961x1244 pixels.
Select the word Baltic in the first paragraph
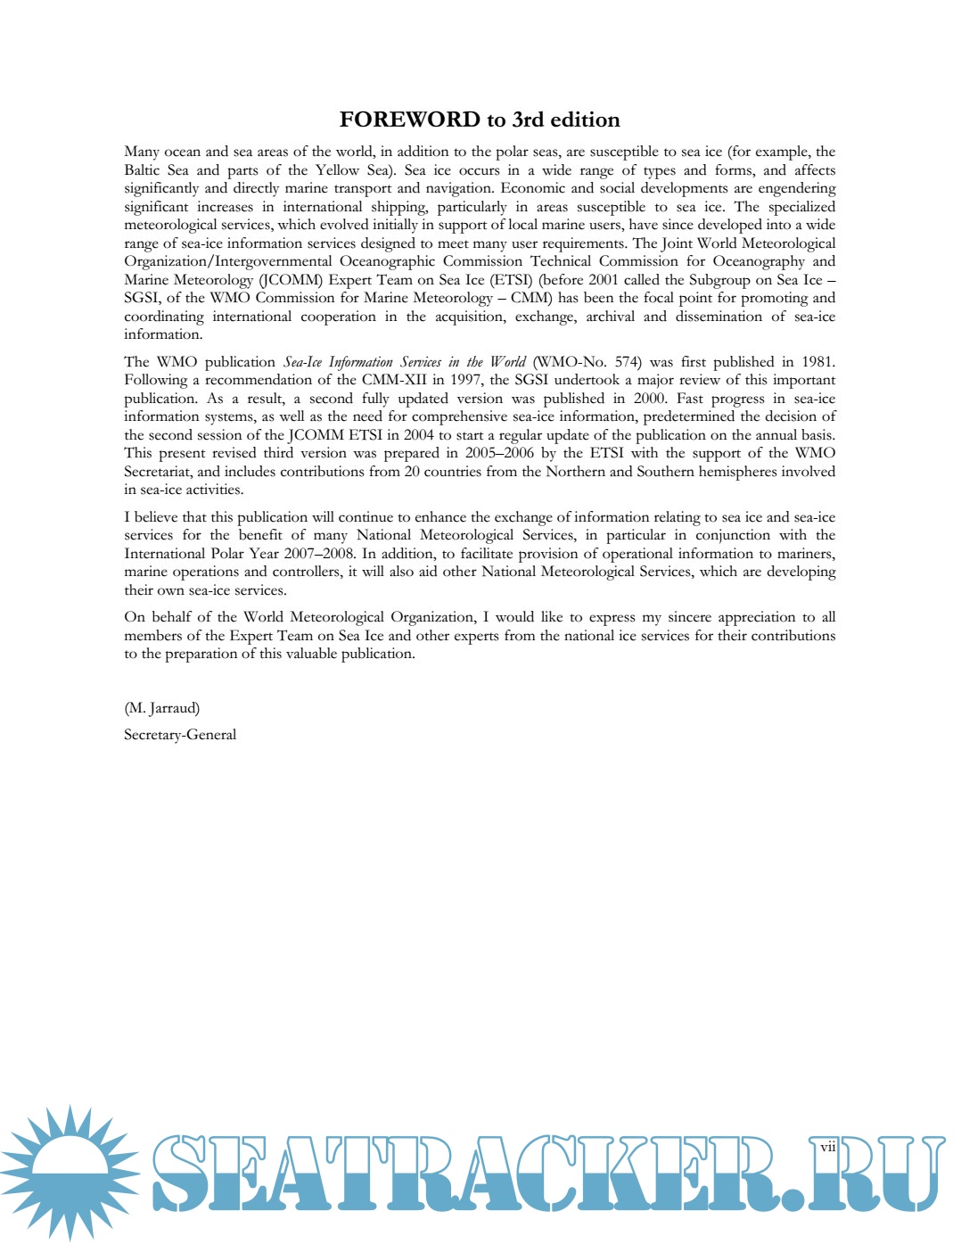pyautogui.click(x=142, y=170)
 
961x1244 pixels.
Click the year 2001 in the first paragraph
pyautogui.click(x=603, y=280)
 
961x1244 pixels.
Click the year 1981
pyautogui.click(x=818, y=362)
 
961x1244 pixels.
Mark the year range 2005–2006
pyautogui.click(x=499, y=453)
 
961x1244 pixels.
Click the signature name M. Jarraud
pyautogui.click(x=162, y=708)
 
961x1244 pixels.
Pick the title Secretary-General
pyautogui.click(x=180, y=735)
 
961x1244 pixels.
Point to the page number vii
pyautogui.click(x=828, y=1147)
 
